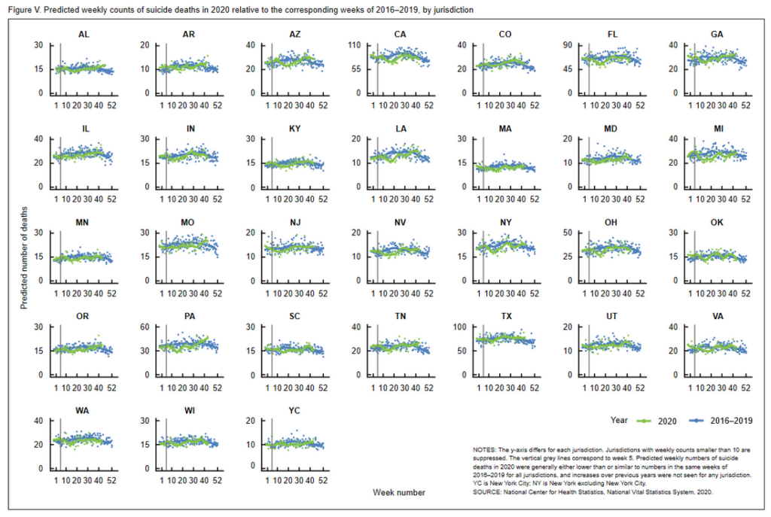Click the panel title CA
[401, 35]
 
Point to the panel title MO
[189, 224]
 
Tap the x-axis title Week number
[399, 492]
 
